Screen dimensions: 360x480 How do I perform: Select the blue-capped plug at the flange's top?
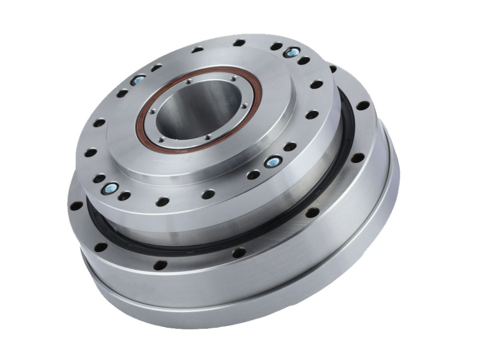291,52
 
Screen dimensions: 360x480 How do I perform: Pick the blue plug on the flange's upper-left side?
138,80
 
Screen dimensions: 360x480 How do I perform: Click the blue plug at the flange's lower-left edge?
110,189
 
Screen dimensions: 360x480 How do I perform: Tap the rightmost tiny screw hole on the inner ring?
244,106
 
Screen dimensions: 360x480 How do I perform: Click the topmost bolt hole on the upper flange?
239,43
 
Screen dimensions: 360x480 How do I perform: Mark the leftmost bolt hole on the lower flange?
76,206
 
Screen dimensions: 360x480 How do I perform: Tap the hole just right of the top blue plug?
303,61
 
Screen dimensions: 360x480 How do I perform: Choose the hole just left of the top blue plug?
276,47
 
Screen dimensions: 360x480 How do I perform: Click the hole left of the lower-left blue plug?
99,179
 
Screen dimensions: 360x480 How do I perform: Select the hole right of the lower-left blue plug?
124,196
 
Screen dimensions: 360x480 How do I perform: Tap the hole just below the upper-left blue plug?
122,93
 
